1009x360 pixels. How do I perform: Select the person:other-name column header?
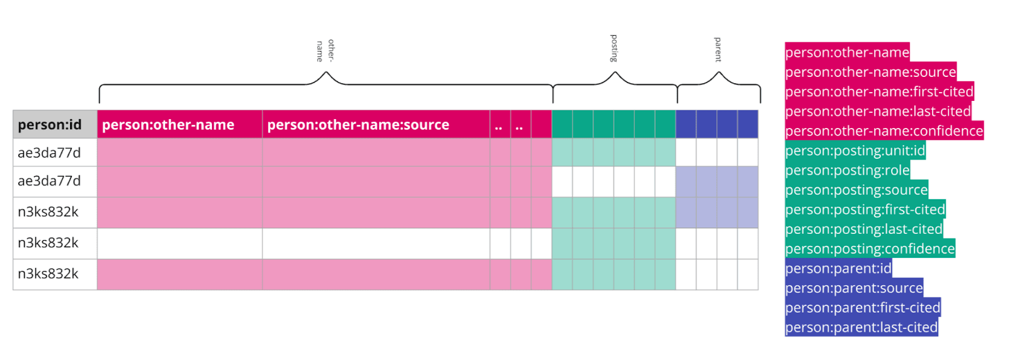point(168,125)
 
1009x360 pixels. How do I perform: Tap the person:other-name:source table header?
point(358,125)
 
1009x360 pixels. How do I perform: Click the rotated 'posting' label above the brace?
point(614,49)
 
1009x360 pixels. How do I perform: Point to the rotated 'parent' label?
point(718,50)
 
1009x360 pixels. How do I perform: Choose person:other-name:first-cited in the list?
point(879,91)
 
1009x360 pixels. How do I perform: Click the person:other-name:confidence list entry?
point(884,131)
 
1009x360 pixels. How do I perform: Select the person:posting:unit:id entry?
point(855,151)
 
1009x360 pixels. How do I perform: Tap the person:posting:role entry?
point(847,170)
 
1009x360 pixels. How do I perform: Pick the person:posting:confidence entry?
point(870,248)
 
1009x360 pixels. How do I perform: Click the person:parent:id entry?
point(838,269)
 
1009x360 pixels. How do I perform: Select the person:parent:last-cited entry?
point(861,327)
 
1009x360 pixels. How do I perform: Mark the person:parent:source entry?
point(854,288)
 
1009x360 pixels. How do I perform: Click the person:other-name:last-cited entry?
point(878,112)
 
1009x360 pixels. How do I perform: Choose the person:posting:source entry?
point(856,190)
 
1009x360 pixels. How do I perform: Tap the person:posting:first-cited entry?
point(865,209)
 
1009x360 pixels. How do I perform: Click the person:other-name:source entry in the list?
point(870,72)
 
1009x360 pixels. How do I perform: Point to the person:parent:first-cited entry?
point(863,308)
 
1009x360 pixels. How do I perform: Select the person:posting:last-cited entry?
point(863,229)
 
